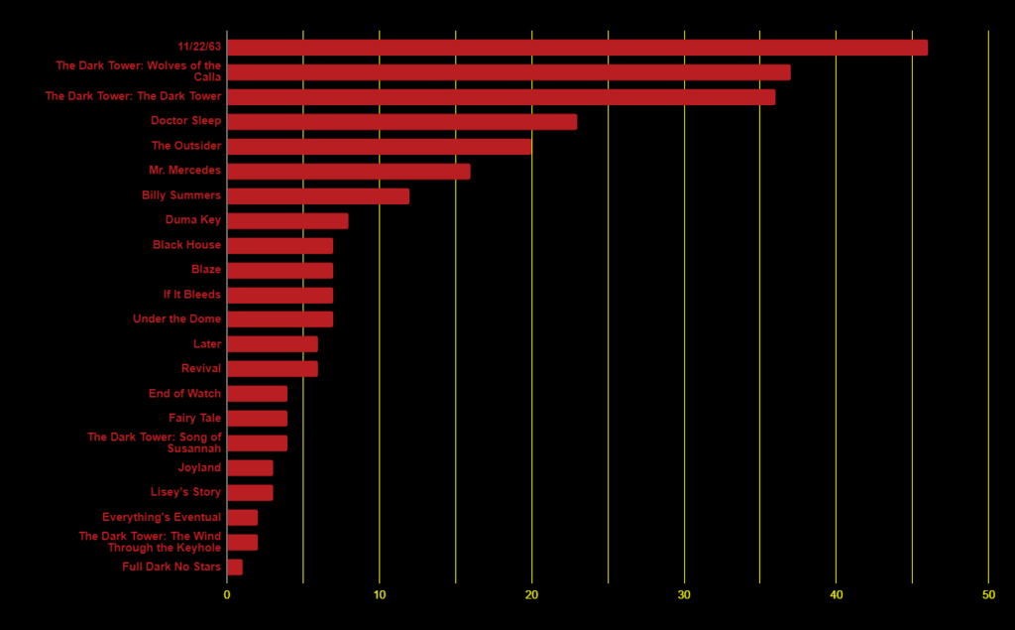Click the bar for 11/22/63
pos(577,48)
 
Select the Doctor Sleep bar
pos(401,122)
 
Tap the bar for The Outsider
pos(379,147)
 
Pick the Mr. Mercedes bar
pos(348,172)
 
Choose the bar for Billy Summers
pos(317,196)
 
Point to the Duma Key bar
pos(287,221)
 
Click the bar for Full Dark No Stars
pos(235,567)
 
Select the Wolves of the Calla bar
pos(508,72)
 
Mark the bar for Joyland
pos(250,468)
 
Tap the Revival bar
pos(273,369)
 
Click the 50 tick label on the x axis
pos(988,595)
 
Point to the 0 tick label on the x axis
pos(227,595)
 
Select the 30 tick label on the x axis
pos(684,595)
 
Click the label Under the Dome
pos(177,319)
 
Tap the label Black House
pos(187,245)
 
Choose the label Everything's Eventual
pos(162,518)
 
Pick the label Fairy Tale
pos(195,419)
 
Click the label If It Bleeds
pos(192,295)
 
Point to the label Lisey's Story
pos(186,493)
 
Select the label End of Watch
pos(185,394)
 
